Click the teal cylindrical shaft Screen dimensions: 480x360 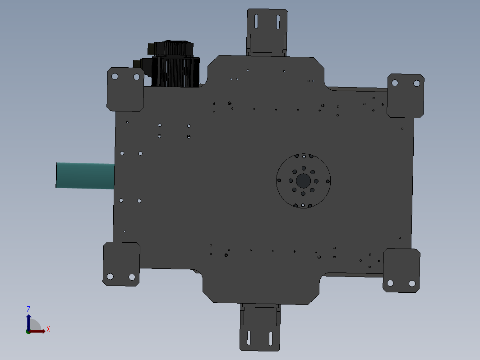pyautogui.click(x=85, y=175)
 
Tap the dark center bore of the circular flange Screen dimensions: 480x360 pyautogui.click(x=303, y=181)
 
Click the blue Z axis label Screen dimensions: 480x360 pyautogui.click(x=28, y=309)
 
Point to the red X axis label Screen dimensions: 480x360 pyautogui.click(x=48, y=329)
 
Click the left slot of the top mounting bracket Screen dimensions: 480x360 pyautogui.click(x=256, y=22)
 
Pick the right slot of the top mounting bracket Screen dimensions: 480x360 pyautogui.click(x=278, y=22)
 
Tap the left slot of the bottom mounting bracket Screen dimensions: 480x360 pyautogui.click(x=249, y=337)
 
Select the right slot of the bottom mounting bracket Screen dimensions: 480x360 pyautogui.click(x=271, y=338)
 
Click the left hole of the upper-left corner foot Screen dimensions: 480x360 pyautogui.click(x=115, y=76)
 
